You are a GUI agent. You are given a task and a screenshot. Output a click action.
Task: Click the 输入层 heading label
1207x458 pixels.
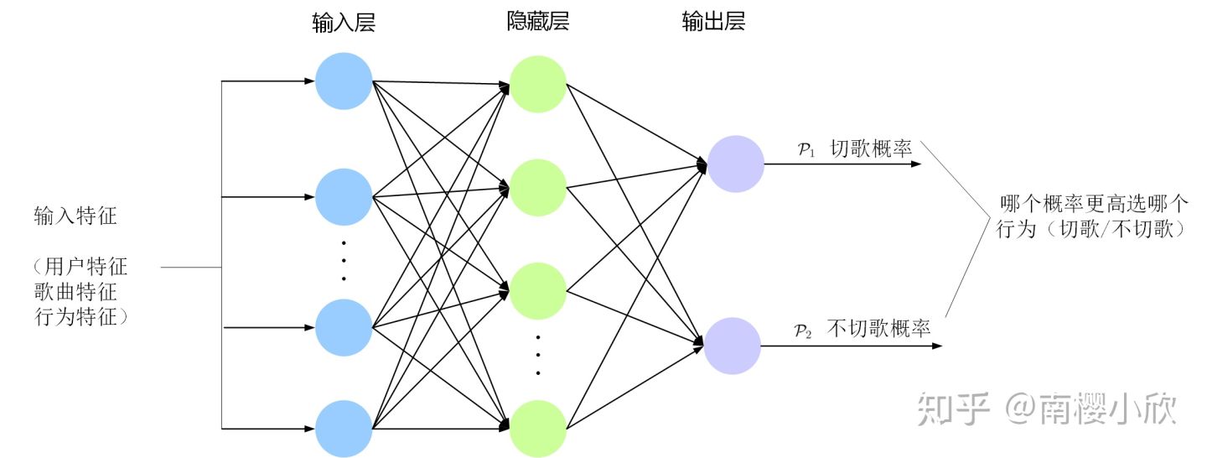(343, 23)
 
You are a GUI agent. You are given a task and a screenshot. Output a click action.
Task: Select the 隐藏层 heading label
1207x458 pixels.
(537, 23)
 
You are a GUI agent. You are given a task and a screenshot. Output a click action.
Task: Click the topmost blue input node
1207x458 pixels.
(344, 81)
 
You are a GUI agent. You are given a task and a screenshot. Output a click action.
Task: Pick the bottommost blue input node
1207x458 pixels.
(344, 428)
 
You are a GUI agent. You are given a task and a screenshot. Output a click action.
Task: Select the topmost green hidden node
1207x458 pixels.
(538, 84)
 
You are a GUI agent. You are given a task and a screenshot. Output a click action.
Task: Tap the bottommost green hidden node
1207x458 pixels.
(538, 428)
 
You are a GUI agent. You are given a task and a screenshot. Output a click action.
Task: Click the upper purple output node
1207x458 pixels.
(736, 164)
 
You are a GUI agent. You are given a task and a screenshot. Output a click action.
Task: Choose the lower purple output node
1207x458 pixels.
(733, 345)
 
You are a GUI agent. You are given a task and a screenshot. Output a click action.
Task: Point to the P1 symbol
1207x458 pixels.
(806, 150)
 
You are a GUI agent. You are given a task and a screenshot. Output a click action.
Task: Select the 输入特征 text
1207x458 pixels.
(75, 216)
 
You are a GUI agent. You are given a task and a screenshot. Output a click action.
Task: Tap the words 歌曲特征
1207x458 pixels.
(75, 293)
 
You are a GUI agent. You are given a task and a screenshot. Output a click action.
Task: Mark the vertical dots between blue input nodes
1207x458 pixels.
(344, 260)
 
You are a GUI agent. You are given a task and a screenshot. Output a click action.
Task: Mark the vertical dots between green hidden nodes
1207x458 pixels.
(538, 355)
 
